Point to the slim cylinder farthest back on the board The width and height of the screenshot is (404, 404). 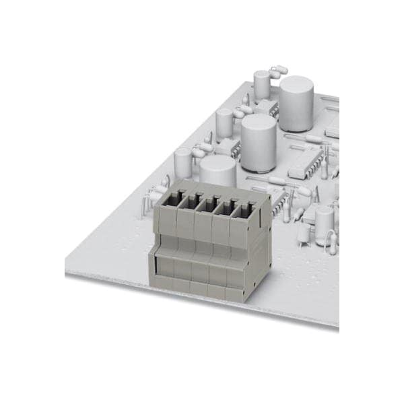pos(262,86)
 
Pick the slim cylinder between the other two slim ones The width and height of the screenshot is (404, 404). pos(224,123)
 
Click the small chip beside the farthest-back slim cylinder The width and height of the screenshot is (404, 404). pos(268,108)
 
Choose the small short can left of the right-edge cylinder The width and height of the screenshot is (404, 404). pos(304,232)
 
